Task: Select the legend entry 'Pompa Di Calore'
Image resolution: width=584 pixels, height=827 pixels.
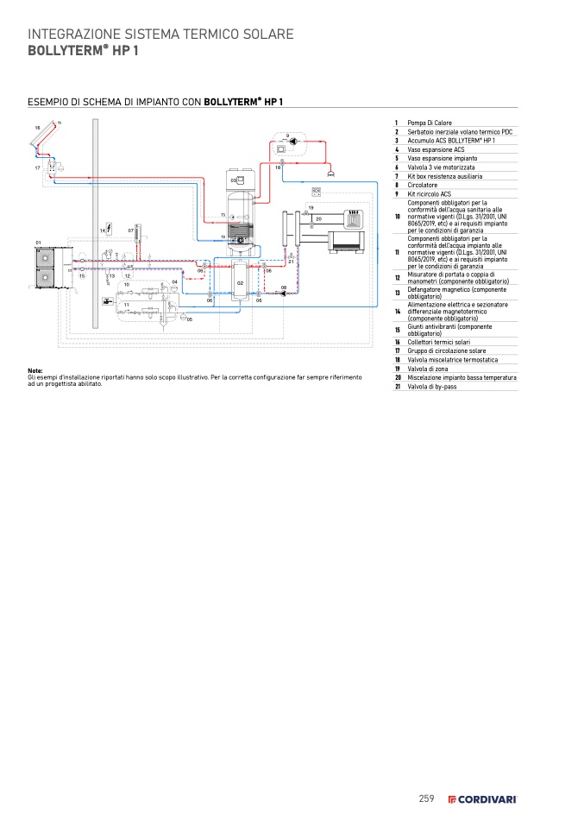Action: pyautogui.click(x=430, y=123)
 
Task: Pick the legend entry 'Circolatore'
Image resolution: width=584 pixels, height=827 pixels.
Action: pyautogui.click(x=423, y=185)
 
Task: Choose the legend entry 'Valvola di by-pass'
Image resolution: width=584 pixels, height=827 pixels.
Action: pyautogui.click(x=431, y=387)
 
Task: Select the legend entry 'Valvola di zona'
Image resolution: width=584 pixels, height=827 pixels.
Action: pyautogui.click(x=427, y=369)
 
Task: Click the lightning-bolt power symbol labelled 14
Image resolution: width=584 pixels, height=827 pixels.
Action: pyautogui.click(x=110, y=230)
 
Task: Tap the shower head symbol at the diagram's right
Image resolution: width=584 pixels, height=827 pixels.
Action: pyautogui.click(x=331, y=174)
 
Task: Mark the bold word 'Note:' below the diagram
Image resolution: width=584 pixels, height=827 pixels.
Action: pyautogui.click(x=35, y=371)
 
